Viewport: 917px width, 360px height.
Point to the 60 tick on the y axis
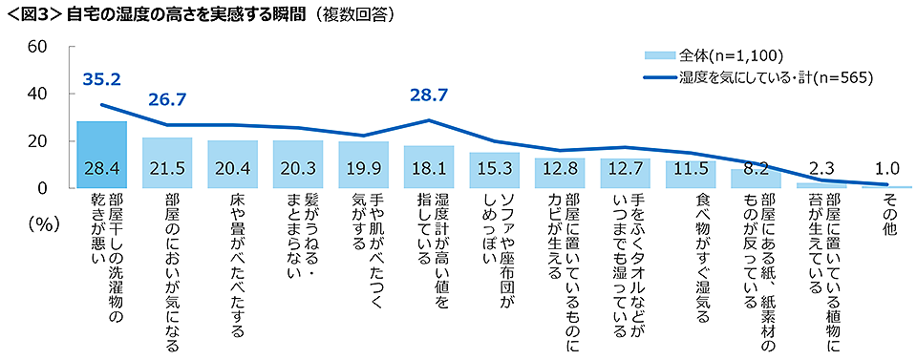coord(38,47)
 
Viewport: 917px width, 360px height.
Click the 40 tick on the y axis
coord(38,94)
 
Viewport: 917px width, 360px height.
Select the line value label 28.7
coord(428,95)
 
